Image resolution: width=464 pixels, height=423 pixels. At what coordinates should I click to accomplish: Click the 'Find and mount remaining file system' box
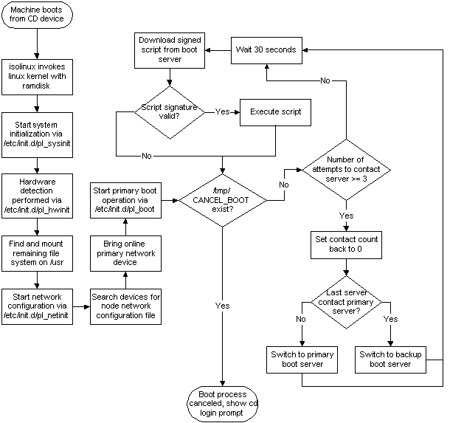point(38,250)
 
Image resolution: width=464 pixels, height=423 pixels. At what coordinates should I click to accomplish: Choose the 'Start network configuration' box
point(38,305)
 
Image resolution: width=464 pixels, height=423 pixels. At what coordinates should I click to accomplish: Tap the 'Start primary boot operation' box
point(126,199)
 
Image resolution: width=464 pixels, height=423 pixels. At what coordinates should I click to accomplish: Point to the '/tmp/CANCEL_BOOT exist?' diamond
point(224,199)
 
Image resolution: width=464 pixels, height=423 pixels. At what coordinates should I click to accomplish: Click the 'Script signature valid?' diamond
point(169,113)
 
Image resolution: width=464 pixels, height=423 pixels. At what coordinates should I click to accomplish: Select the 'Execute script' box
point(275,112)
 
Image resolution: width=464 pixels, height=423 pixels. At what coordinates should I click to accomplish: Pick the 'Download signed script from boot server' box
point(170,49)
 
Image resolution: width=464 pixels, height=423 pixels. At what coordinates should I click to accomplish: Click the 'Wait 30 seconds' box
point(266,50)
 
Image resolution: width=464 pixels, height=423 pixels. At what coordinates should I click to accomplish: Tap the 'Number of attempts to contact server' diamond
point(345,169)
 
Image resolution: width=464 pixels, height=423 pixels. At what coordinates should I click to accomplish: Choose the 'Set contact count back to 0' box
point(346,244)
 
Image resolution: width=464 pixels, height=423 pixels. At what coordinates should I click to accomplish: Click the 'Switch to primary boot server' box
point(302,360)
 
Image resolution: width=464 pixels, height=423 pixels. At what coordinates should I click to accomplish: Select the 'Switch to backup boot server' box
point(390,360)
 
